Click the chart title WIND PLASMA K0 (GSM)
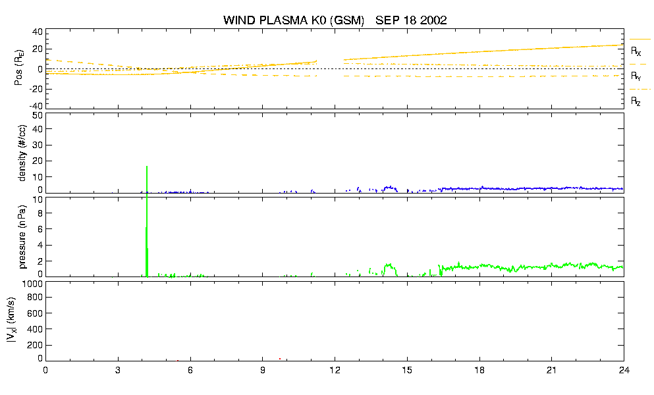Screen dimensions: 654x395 (294, 20)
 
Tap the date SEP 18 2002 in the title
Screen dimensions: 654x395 (411, 20)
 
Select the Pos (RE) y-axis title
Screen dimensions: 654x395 (18, 68)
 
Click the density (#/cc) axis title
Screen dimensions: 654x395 (22, 153)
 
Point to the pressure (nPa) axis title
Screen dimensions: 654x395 (22, 237)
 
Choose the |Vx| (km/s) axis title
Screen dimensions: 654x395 (11, 321)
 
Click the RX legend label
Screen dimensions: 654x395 (636, 51)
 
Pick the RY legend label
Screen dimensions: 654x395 (636, 76)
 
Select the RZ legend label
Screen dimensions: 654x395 (636, 101)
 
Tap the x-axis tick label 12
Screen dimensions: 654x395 (335, 370)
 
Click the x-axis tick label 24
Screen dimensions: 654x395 (624, 370)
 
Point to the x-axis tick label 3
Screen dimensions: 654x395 (118, 370)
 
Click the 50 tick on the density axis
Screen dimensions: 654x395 (38, 115)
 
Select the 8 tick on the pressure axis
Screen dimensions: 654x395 (40, 213)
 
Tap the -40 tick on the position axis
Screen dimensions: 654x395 (36, 106)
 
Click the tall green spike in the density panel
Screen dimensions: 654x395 (147, 179)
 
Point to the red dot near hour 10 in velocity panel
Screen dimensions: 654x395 (280, 359)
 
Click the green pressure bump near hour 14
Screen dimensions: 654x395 (389, 269)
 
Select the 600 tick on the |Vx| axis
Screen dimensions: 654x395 (36, 313)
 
